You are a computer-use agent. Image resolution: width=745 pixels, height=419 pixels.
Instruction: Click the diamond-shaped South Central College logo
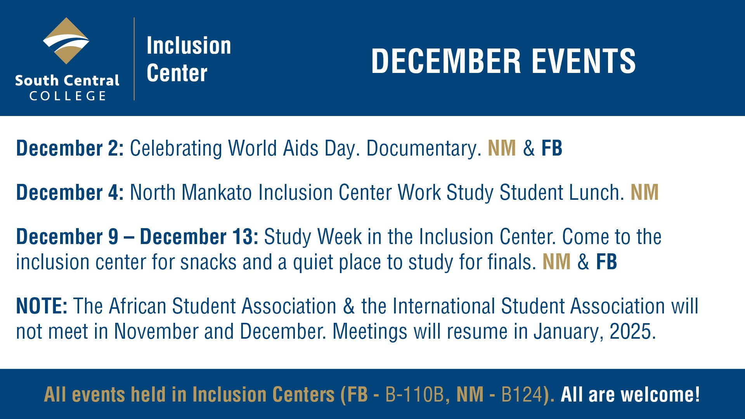66,41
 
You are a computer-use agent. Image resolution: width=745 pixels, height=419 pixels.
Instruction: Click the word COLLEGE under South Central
68,96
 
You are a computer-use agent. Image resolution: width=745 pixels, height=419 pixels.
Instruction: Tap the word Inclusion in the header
189,46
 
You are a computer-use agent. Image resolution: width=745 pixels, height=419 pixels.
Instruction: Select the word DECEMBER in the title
446,61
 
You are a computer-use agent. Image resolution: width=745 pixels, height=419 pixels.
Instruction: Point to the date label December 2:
70,148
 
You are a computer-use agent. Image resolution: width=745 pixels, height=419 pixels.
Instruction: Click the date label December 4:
70,192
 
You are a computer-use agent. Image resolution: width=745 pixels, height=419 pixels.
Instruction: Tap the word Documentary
423,148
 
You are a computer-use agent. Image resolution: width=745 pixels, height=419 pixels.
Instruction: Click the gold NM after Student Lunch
645,192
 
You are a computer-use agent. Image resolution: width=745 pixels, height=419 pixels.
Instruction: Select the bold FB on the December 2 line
551,148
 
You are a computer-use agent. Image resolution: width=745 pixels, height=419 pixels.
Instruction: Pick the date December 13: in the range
199,237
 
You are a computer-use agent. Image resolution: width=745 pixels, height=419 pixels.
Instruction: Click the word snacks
208,262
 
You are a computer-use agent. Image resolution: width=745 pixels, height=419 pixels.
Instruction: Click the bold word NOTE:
42,306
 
